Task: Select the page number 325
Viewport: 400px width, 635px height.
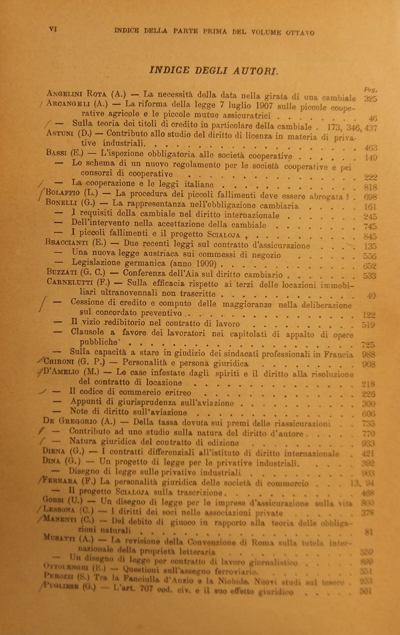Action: [370, 99]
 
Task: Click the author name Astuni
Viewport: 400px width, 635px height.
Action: [60, 134]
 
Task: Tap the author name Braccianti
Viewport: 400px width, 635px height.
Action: [67, 243]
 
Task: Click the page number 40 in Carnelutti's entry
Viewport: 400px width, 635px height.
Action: [371, 295]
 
